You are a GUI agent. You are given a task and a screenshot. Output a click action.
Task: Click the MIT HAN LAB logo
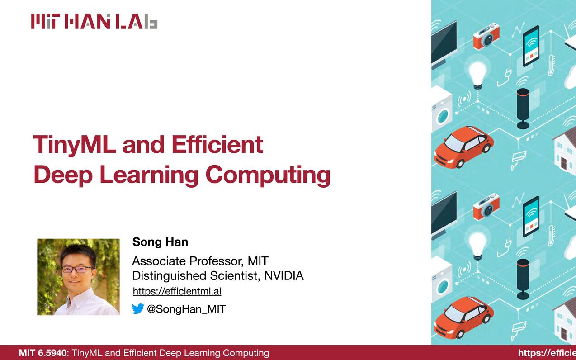[94, 21]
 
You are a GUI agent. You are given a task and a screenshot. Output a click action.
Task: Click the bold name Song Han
[160, 242]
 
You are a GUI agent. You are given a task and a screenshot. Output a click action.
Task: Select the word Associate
[159, 261]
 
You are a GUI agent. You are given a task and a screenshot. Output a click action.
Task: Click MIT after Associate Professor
[258, 261]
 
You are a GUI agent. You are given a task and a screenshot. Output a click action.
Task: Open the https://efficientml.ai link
[177, 291]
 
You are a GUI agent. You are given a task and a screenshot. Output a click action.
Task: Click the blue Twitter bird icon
[138, 309]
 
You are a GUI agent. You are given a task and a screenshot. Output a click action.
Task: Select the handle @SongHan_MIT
[186, 309]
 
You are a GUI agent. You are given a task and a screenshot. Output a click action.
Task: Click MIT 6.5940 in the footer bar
[42, 353]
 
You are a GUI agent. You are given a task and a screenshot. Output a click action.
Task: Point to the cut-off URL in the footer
[547, 353]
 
